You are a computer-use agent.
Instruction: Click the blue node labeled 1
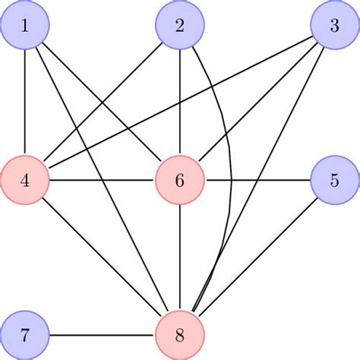pyautogui.click(x=25, y=26)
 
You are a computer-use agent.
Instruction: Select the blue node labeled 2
pyautogui.click(x=180, y=26)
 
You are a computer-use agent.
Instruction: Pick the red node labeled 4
pyautogui.click(x=25, y=181)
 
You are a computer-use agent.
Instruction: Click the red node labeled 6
pyautogui.click(x=180, y=181)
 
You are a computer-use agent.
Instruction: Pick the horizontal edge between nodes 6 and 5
pyautogui.click(x=257, y=181)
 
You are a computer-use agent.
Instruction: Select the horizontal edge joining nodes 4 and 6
pyautogui.click(x=103, y=181)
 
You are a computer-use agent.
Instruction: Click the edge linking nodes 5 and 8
pyautogui.click(x=257, y=257)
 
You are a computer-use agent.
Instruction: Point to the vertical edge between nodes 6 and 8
pyautogui.click(x=180, y=258)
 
